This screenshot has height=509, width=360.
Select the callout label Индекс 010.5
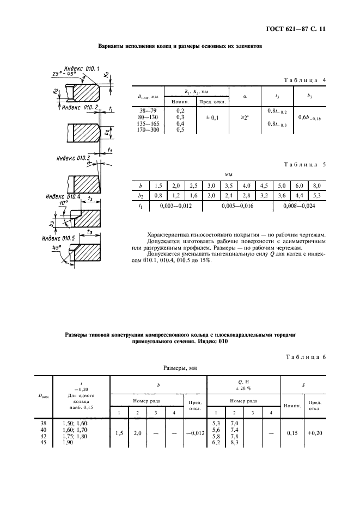pos(60,238)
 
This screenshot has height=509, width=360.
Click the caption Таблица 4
pos(306,80)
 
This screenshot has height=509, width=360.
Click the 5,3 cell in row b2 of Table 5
pos(316,196)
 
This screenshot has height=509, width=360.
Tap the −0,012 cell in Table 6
pos(194,433)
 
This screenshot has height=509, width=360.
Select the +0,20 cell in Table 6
pos(314,433)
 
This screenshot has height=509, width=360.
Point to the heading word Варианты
pos(113,47)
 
